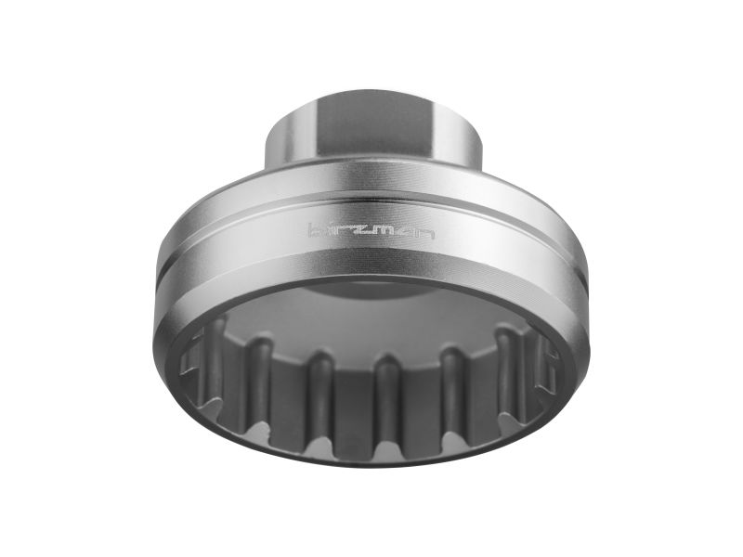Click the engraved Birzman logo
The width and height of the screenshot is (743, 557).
(x=371, y=233)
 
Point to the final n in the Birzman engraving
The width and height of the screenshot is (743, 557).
(x=425, y=235)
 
